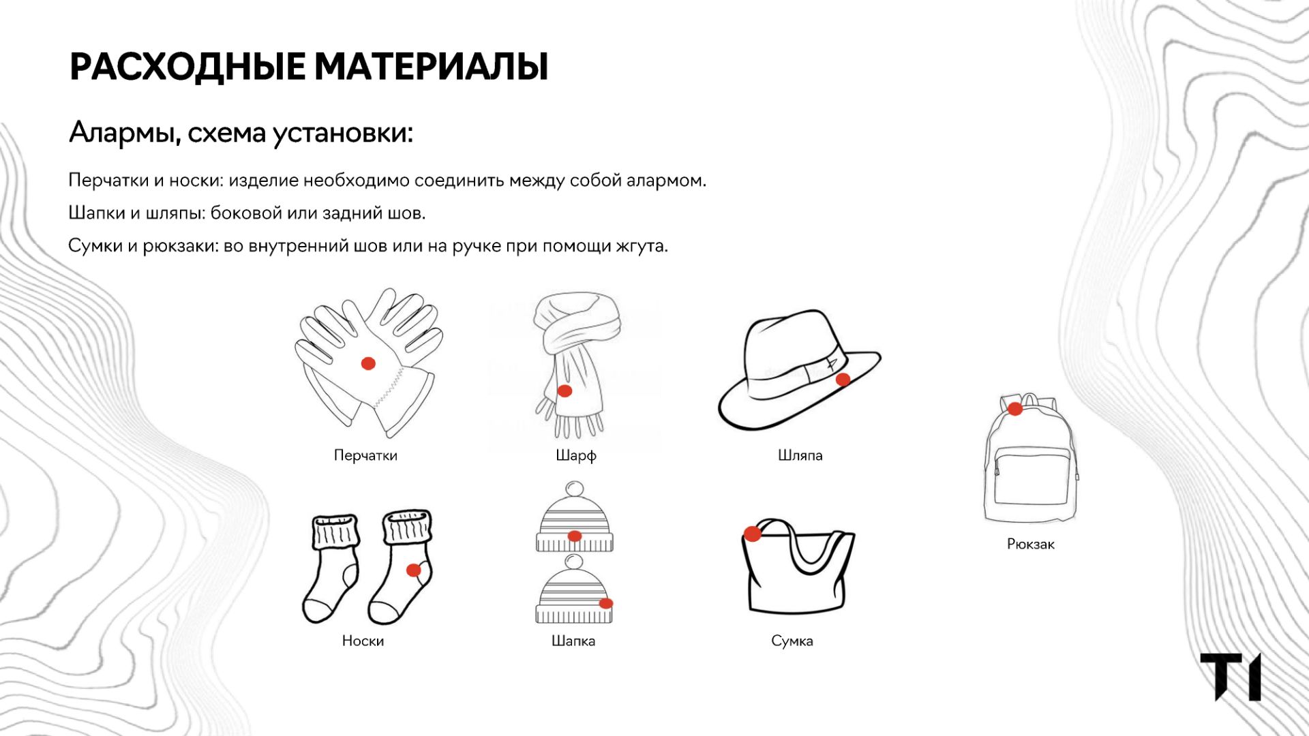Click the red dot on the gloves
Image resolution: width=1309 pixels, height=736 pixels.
click(x=368, y=363)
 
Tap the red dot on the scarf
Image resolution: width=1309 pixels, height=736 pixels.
click(x=565, y=390)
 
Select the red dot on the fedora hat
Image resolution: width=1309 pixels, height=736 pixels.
click(x=843, y=380)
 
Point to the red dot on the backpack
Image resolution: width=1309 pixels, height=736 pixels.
click(x=1015, y=409)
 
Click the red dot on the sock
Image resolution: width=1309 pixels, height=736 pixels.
click(x=414, y=570)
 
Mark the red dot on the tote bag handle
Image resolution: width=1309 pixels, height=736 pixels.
click(x=752, y=534)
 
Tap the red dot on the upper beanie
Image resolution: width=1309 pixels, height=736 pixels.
click(x=575, y=536)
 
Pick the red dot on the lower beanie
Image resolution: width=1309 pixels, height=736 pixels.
click(x=606, y=603)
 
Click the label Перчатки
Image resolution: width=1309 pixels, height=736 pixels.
click(x=365, y=455)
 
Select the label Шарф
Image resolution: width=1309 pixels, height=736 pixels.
click(x=576, y=455)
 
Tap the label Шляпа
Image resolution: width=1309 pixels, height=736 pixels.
click(x=800, y=455)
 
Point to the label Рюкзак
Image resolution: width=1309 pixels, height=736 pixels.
click(x=1031, y=544)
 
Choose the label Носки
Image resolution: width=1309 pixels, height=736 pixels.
click(x=363, y=641)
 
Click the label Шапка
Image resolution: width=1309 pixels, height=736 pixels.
click(x=573, y=641)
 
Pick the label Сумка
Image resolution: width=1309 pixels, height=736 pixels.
click(x=792, y=641)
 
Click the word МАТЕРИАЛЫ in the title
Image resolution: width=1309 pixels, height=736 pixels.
click(x=431, y=67)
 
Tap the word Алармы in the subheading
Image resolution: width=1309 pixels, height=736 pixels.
click(x=125, y=132)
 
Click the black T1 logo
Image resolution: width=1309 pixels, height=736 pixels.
click(x=1231, y=677)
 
